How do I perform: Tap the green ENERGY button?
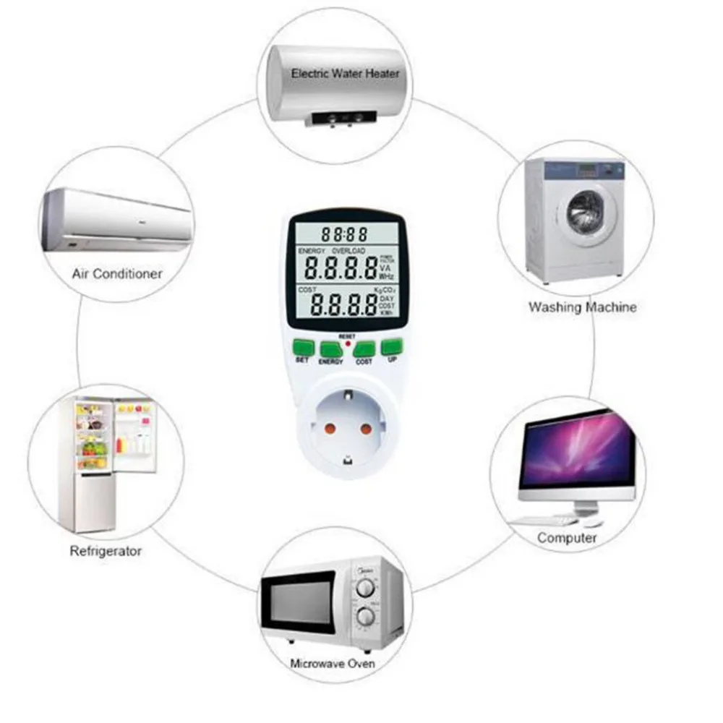coord(332,350)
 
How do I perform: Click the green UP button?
coord(391,346)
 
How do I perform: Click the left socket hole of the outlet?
coord(330,428)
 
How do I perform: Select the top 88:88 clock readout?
coord(344,234)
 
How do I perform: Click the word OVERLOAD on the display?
coord(348,250)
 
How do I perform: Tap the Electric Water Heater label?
coord(345,73)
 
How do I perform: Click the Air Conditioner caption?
coord(117,274)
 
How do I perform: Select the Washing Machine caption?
coord(582,307)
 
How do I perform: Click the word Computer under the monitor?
coord(567,538)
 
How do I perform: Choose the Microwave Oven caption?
coord(333,663)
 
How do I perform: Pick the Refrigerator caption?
coord(106,551)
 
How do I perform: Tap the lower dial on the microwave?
coord(367,617)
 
